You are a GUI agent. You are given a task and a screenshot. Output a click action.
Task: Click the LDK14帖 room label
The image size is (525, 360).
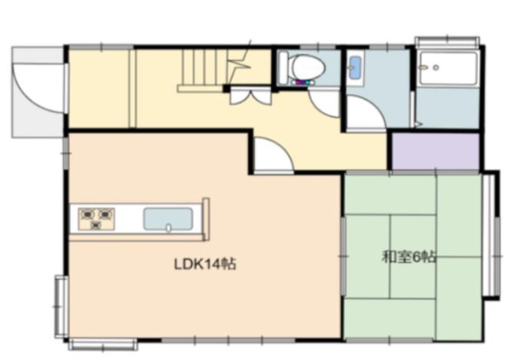[205, 264]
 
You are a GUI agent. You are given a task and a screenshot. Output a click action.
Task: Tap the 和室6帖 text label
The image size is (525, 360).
[410, 257]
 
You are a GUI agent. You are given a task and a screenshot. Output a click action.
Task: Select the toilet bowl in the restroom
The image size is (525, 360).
[309, 66]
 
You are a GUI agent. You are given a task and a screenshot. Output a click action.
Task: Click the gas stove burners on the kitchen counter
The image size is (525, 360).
[96, 218]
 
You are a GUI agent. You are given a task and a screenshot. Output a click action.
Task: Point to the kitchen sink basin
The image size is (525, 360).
[168, 219]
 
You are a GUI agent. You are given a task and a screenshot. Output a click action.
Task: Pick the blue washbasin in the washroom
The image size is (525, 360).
[355, 68]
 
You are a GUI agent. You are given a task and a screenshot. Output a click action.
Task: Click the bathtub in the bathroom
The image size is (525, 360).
[449, 68]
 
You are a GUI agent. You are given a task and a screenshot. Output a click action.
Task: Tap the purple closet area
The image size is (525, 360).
[436, 152]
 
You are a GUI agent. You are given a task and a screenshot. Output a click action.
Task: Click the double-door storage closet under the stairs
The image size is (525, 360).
[250, 95]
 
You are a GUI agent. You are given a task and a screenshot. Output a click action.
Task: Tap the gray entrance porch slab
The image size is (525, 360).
[38, 92]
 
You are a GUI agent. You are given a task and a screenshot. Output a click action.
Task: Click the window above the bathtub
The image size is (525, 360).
[448, 41]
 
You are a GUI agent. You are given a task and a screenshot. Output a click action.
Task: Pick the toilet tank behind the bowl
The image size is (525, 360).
[283, 67]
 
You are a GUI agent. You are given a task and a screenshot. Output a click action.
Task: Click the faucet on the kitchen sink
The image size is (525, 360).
[169, 228]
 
